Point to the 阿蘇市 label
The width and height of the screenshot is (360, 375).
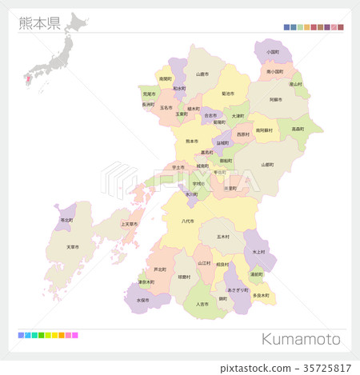(274, 100)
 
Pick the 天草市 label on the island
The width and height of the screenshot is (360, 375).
(73, 246)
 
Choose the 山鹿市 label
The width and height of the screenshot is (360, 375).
(202, 74)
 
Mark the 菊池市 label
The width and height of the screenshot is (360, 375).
(229, 94)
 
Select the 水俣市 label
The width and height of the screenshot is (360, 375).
(142, 300)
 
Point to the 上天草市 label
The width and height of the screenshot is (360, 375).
(129, 224)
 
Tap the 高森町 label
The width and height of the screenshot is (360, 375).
(298, 129)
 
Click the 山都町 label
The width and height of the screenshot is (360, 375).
(267, 164)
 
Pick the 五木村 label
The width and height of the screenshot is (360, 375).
(222, 237)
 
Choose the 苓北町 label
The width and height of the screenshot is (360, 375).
(66, 219)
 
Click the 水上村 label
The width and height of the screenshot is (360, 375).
(258, 251)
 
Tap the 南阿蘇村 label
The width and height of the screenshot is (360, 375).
(264, 130)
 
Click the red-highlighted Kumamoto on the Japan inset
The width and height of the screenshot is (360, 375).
(29, 78)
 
